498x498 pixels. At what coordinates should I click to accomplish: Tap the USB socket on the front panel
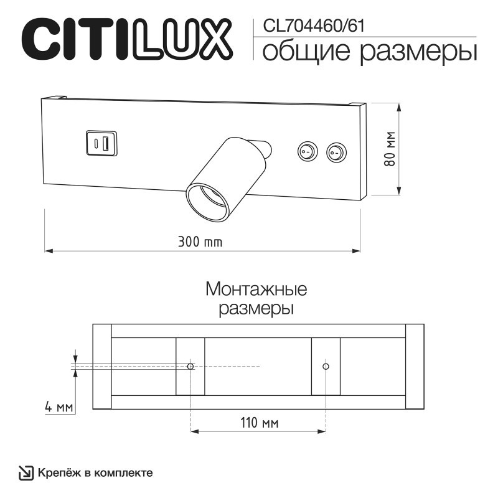pos(100,143)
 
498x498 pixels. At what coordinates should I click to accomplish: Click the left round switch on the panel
pos(306,151)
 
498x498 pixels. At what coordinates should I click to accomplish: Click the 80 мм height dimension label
pos(390,149)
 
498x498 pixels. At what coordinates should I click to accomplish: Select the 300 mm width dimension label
pos(200,242)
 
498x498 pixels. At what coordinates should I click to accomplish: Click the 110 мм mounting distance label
pos(258,423)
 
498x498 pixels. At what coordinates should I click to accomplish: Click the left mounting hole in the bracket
pos(190,366)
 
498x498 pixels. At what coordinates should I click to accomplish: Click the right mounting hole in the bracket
pos(326,366)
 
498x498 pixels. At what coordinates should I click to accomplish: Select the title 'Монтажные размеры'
pos(256,299)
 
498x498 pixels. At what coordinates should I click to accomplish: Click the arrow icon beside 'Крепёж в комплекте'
pos(26,473)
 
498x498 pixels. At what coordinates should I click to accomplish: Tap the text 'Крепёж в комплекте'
pos(95,473)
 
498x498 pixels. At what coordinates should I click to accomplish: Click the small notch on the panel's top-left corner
pos(60,97)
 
